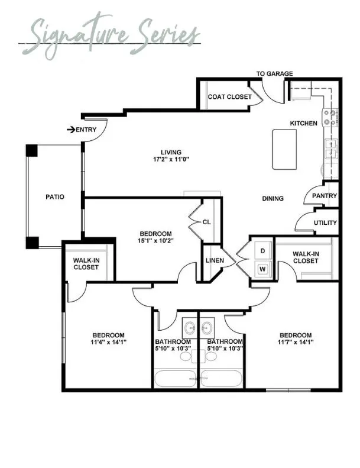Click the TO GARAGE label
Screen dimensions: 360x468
coord(274,73)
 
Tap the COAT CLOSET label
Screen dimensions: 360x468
coord(230,96)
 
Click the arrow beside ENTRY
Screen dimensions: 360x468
coord(71,130)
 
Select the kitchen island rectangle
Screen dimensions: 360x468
coord(284,149)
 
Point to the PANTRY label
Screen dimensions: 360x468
coord(324,196)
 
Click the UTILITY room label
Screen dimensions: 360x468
coord(325,222)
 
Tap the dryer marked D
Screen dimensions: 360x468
coord(263,251)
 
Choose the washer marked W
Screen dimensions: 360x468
coord(263,269)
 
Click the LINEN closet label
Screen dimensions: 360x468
coord(215,260)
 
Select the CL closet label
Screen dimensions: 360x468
coord(206,222)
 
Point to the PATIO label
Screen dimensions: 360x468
coord(55,197)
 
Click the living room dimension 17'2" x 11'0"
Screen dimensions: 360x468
coord(171,159)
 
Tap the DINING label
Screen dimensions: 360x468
coord(273,198)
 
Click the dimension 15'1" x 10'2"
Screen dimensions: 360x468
coord(155,240)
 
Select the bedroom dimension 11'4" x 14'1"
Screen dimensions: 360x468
coord(109,342)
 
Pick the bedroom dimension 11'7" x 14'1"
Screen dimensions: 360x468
coord(296,342)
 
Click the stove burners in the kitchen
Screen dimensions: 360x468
coord(330,117)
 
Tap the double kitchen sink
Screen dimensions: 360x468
coord(331,149)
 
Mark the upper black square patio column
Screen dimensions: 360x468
coord(31,151)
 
